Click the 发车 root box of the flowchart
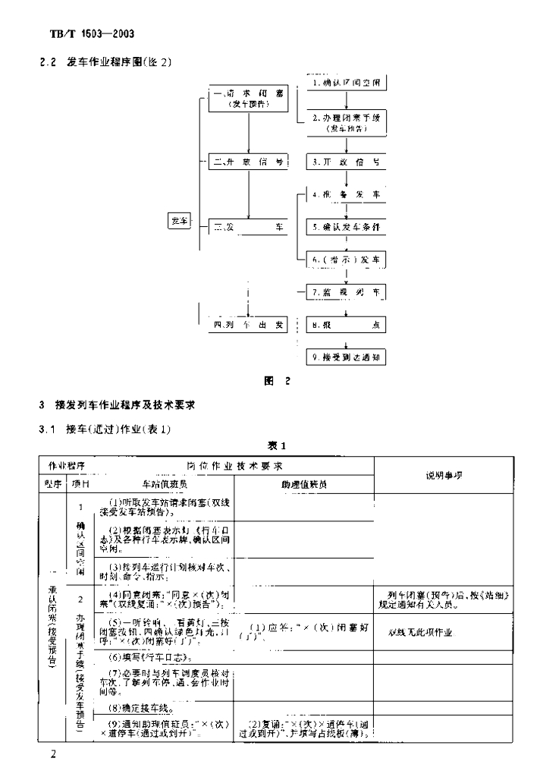(x=179, y=221)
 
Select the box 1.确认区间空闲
(x=347, y=82)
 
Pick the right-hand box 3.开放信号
(x=347, y=162)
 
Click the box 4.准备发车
(x=347, y=195)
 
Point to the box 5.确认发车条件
(x=347, y=227)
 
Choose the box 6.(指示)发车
(x=347, y=260)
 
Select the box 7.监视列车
(x=347, y=292)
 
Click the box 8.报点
(x=347, y=326)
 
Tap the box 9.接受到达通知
(x=347, y=357)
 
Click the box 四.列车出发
(x=249, y=326)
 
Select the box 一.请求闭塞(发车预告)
(x=249, y=99)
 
